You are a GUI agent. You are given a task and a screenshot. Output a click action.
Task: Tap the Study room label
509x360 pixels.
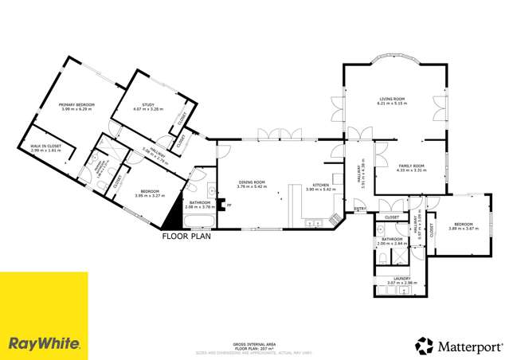tap(147, 107)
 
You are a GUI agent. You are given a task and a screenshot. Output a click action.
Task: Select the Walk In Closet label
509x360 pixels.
tap(45, 148)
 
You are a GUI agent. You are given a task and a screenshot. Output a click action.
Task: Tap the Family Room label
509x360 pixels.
tap(412, 167)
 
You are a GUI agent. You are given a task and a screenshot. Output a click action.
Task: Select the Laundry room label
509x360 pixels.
tap(401, 280)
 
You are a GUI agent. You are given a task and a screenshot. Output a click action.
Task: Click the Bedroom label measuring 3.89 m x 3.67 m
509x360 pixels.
tap(464, 226)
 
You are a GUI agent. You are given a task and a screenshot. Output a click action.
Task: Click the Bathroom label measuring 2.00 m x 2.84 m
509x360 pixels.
tap(391, 241)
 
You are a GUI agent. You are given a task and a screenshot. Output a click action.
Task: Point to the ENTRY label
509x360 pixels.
tap(360, 209)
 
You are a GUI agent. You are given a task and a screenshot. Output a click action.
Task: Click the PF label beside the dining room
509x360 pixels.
tap(229, 206)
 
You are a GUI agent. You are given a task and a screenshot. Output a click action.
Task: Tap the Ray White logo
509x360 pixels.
tap(44, 344)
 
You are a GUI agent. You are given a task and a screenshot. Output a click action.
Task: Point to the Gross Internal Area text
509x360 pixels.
tap(254, 344)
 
